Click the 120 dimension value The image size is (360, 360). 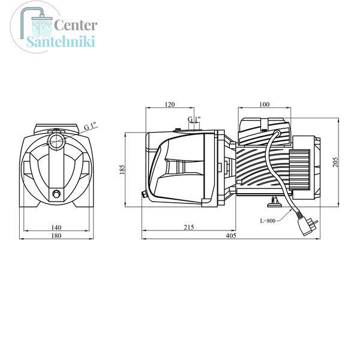pos(170,104)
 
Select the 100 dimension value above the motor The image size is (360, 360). pos(264,104)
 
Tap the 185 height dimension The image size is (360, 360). pos(122,169)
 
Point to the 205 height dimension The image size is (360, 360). pos(335,162)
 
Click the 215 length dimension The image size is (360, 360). pos(189,227)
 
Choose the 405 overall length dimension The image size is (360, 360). pos(231,236)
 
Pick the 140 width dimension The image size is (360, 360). pos(56,227)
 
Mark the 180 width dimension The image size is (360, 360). pos(56,236)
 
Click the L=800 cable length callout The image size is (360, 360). pos(268,221)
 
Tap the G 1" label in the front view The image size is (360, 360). pos(91,126)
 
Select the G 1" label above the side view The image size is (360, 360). pos(194,119)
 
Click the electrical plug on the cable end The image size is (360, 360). pos(307,227)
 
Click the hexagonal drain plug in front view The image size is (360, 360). pos(56,194)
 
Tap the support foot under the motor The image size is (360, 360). pos(274,202)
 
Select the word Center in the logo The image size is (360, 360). pos(76,25)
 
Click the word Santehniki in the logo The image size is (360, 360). pos(61,41)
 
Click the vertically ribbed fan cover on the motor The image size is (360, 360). pos(299,170)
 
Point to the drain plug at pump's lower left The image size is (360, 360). pos(145,194)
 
